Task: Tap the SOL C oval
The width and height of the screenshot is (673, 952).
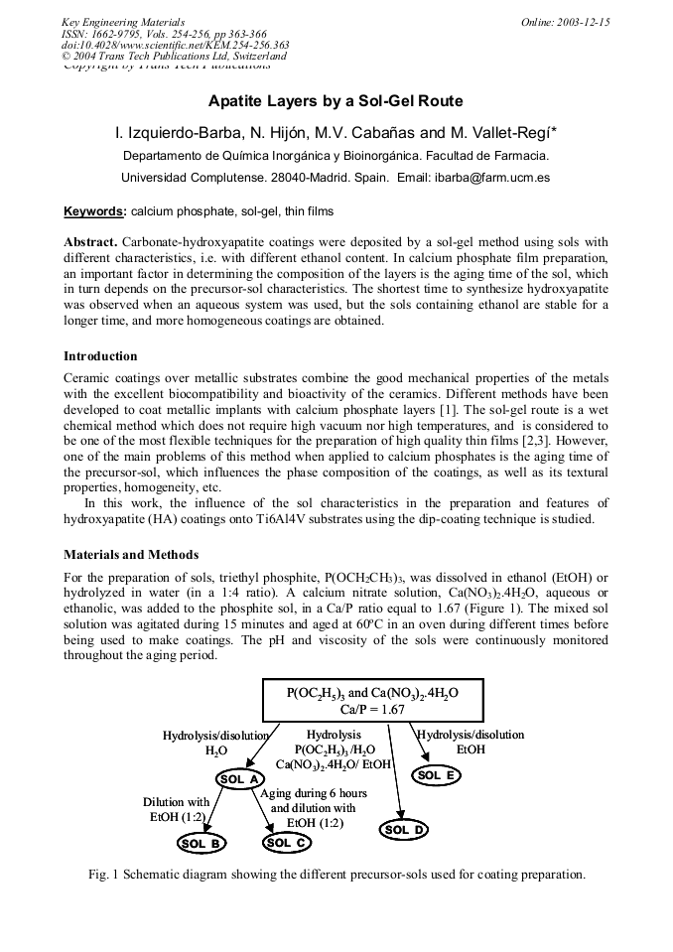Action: pyautogui.click(x=286, y=842)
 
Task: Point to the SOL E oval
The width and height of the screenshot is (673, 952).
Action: pyautogui.click(x=436, y=775)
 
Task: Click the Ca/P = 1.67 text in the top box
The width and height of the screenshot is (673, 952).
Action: pyautogui.click(x=372, y=709)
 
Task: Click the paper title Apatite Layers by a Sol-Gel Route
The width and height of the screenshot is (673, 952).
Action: pyautogui.click(x=336, y=101)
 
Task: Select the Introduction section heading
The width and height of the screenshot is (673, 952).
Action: pyautogui.click(x=100, y=355)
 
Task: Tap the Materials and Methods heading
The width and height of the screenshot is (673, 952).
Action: pyautogui.click(x=131, y=554)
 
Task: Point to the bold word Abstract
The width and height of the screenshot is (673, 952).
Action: pyautogui.click(x=90, y=242)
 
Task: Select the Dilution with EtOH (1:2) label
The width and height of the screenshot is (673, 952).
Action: pyautogui.click(x=176, y=809)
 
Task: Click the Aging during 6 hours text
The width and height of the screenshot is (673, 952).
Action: pyautogui.click(x=314, y=793)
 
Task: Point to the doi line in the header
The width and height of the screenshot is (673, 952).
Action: pyautogui.click(x=176, y=45)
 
